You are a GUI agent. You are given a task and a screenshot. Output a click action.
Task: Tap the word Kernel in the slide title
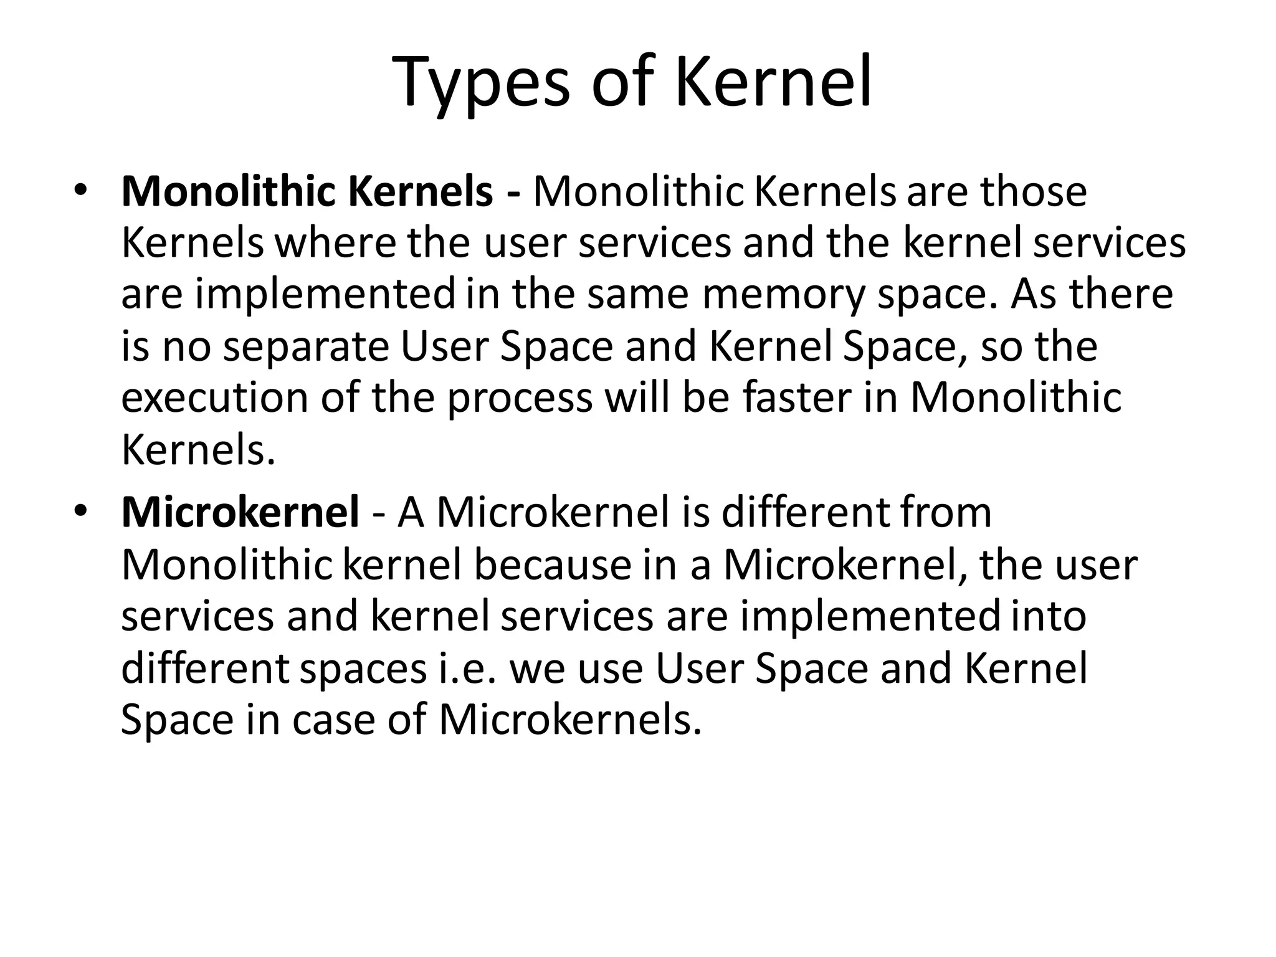[773, 82]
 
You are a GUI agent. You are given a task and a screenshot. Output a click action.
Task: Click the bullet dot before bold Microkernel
[79, 511]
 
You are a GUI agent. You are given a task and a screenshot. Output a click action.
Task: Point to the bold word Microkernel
[240, 512]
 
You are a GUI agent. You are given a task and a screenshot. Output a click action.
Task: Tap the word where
[335, 243]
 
